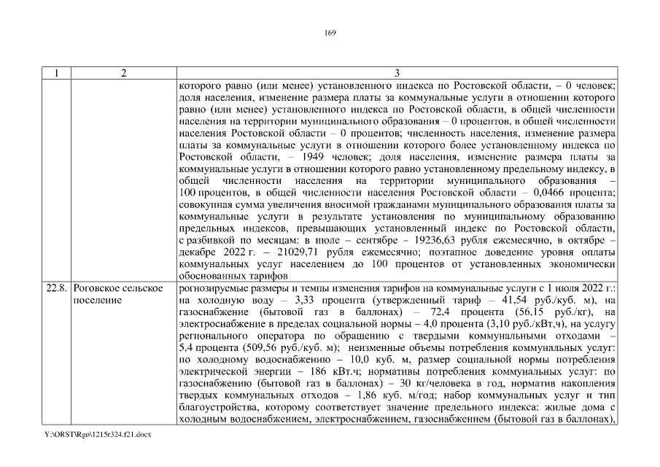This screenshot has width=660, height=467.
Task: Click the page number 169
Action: [330, 33]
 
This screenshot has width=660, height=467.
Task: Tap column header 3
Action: [396, 73]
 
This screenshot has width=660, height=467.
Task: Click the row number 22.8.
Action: [56, 288]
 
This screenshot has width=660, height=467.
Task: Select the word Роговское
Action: [97, 288]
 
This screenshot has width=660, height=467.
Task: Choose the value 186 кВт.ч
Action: [290, 371]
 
